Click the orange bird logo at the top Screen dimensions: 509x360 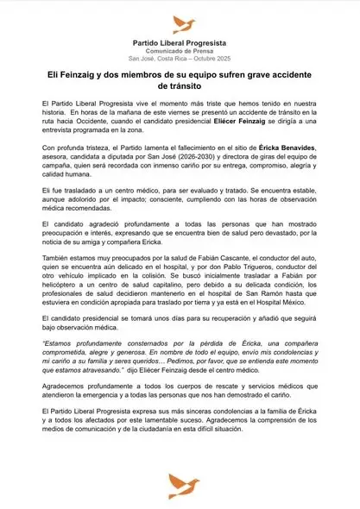coord(181,23)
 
